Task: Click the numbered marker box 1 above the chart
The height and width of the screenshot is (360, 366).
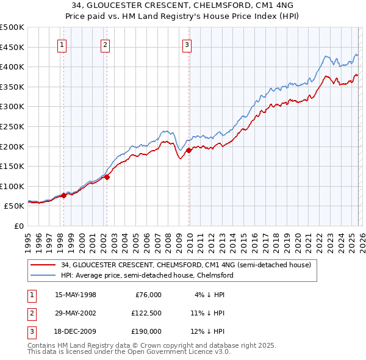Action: pyautogui.click(x=63, y=44)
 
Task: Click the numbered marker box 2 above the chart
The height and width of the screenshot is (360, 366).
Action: pyautogui.click(x=106, y=44)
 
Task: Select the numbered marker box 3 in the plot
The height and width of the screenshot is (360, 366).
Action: pyautogui.click(x=187, y=44)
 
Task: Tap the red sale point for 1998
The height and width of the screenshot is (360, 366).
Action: pyautogui.click(x=64, y=196)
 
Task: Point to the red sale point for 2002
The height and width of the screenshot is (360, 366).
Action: pyautogui.click(x=107, y=178)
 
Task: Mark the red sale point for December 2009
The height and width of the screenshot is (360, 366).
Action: pyautogui.click(x=188, y=150)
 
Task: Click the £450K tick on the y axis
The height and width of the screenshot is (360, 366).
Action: pyautogui.click(x=12, y=47)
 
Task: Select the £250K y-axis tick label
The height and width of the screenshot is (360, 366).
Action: pyautogui.click(x=12, y=126)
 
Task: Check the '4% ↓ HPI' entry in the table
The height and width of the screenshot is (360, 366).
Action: pyautogui.click(x=210, y=294)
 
